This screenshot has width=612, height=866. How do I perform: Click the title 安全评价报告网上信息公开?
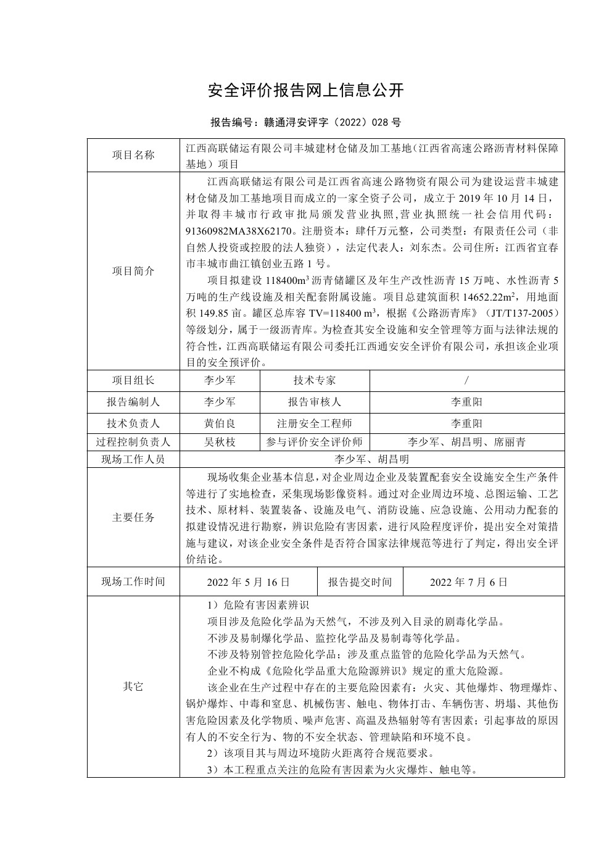click(306, 91)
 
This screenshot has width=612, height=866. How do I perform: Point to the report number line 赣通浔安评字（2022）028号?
click(306, 122)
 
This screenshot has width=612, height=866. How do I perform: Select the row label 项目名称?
click(133, 156)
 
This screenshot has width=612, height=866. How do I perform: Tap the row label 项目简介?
click(133, 271)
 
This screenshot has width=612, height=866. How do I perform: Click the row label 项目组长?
click(133, 380)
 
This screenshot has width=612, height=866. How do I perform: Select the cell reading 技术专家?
click(315, 380)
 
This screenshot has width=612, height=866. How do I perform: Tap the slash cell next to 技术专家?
click(466, 380)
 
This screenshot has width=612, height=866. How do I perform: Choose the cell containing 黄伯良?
click(220, 423)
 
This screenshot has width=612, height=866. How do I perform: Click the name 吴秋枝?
click(220, 443)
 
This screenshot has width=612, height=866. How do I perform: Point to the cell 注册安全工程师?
click(315, 423)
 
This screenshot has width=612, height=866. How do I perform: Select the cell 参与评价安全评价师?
click(315, 443)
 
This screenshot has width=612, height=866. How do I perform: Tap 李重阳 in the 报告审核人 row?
click(466, 402)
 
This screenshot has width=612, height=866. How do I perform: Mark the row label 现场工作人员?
click(133, 459)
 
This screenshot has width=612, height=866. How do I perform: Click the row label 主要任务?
click(133, 517)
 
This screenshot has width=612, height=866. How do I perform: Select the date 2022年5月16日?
click(249, 581)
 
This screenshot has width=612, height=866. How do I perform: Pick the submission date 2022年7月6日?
click(469, 581)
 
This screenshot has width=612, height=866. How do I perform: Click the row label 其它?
click(133, 686)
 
